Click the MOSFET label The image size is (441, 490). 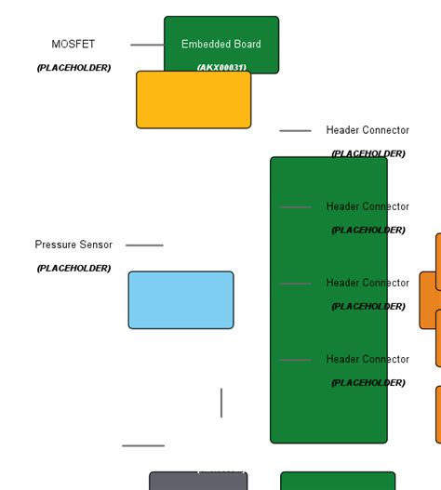tap(73, 45)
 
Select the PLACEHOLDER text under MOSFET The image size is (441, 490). tap(73, 68)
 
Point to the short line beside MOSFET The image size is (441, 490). tap(146, 45)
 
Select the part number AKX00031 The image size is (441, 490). tap(221, 68)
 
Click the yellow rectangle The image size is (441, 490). tap(194, 100)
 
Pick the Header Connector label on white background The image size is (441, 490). tap(367, 130)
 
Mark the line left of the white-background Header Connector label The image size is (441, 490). tap(295, 131)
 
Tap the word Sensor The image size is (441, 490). tap(96, 245)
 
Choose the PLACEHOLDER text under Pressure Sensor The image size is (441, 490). tap(73, 269)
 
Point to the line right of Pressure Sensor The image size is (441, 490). tap(144, 245)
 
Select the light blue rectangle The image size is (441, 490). tap(180, 300)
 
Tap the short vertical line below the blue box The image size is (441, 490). tap(221, 403)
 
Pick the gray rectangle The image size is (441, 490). tap(198, 482)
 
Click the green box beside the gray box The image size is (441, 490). tap(337, 482)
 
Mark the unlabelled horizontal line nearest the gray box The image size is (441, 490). tap(142, 446)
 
